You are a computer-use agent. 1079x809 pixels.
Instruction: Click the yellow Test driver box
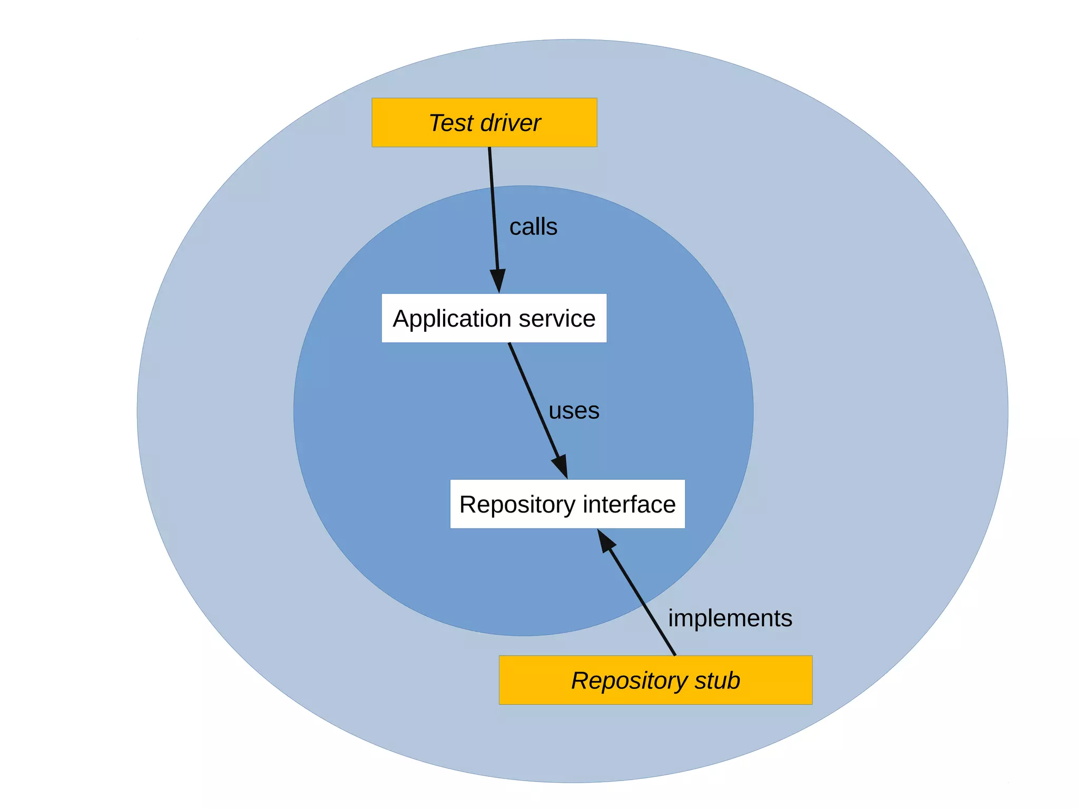(x=484, y=122)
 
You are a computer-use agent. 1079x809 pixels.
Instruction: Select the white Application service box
(x=494, y=318)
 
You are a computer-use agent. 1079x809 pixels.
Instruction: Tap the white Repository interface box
(x=567, y=504)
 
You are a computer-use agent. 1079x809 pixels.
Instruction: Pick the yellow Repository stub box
(x=655, y=680)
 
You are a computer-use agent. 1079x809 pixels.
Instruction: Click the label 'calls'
(x=533, y=227)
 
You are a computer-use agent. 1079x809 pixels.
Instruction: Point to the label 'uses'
(x=574, y=411)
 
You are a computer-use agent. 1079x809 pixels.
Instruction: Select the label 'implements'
(x=730, y=618)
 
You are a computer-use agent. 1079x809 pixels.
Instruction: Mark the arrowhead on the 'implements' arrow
(x=605, y=541)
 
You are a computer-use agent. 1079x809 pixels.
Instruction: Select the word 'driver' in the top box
(x=510, y=123)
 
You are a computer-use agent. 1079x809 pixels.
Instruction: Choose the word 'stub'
(x=717, y=680)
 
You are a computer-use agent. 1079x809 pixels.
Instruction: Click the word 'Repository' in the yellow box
(x=630, y=681)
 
